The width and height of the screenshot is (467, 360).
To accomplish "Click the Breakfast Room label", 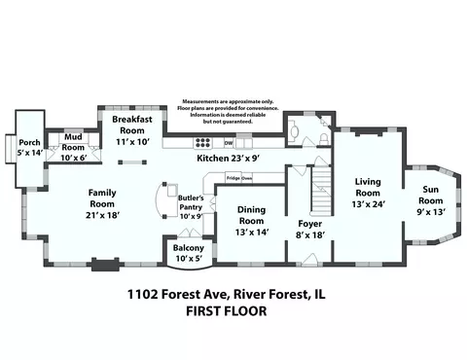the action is click(x=132, y=125).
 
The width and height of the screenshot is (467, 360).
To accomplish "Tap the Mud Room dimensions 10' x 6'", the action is click(x=73, y=158).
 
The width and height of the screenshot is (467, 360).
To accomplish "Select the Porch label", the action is click(x=29, y=142).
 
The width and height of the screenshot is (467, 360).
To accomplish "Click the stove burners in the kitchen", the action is click(x=202, y=143).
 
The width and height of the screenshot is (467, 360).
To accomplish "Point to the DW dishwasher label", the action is click(x=229, y=143).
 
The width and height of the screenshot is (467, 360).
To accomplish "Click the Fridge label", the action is click(x=233, y=178).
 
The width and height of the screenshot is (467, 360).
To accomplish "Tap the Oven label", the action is click(x=247, y=178).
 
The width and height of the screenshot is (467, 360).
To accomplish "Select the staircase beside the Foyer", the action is click(x=321, y=190).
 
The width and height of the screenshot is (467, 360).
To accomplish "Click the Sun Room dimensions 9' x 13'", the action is click(x=431, y=212).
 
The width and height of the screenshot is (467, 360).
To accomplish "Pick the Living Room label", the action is click(x=368, y=187).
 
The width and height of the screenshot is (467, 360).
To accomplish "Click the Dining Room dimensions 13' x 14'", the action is click(x=252, y=233).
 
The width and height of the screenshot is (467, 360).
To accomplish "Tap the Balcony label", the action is click(x=189, y=248).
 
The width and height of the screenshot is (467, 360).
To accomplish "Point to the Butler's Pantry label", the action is click(x=191, y=202).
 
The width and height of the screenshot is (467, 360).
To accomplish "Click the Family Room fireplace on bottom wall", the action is click(x=105, y=265).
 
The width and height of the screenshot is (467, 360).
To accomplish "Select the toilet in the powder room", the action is click(x=324, y=138).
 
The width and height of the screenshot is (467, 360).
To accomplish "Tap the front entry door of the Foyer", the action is click(x=309, y=260).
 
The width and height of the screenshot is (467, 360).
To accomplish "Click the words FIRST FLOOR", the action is click(x=227, y=311).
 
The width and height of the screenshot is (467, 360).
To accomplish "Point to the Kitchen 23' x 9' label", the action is click(x=229, y=159).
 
